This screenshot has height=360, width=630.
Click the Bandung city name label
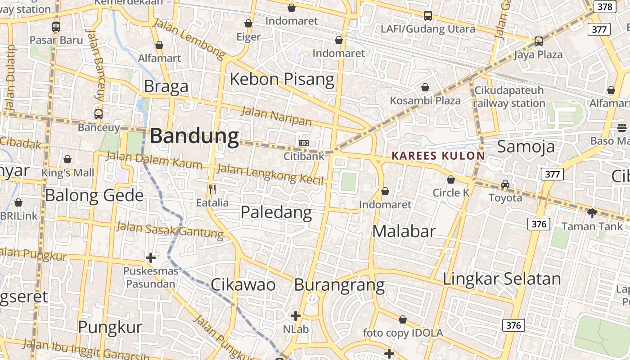point(194,136)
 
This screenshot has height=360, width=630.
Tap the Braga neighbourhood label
point(166,86)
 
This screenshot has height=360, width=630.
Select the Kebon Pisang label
point(282,80)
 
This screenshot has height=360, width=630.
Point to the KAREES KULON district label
point(438,156)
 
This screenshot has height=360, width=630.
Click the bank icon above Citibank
point(304,143)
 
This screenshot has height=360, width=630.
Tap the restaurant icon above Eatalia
point(212,189)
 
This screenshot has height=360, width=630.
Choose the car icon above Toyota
point(505,184)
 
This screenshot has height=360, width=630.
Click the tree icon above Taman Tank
point(592,213)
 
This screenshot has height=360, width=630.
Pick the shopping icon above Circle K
point(451,180)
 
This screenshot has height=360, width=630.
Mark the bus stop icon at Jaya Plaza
point(538,41)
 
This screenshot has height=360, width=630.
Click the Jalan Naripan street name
point(276,116)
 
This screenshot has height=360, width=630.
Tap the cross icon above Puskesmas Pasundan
point(151,258)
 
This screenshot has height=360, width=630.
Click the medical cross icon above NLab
point(296,316)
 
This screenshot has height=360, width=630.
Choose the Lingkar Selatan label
point(502,279)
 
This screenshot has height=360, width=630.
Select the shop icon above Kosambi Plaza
point(425,87)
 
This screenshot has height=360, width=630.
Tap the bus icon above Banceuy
point(99,114)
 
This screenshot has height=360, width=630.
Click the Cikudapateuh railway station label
point(509,97)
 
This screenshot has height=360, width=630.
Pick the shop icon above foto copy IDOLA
point(403,319)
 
